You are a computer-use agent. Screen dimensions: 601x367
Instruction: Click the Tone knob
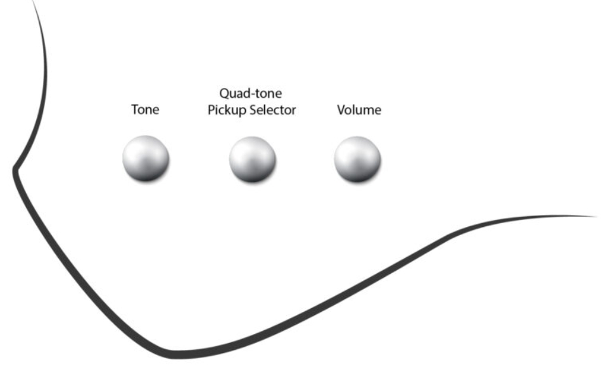[146, 158]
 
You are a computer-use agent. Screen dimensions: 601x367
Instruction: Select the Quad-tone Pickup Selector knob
[252, 159]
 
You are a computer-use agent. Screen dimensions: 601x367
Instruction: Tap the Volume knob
[357, 158]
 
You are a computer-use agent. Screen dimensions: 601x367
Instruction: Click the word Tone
[145, 110]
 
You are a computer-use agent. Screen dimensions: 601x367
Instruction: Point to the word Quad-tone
[251, 93]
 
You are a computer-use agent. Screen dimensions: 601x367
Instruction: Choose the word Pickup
[227, 110]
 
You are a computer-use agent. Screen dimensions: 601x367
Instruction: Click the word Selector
[272, 110]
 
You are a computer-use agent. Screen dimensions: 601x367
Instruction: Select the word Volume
[359, 110]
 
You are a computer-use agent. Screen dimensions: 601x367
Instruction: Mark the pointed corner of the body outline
[15, 169]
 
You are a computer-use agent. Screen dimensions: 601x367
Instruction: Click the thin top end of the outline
[32, 1]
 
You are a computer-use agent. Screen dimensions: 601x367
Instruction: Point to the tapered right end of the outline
[596, 216]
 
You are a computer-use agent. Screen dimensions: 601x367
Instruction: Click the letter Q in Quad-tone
[224, 94]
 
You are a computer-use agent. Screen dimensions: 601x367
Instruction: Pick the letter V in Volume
[341, 110]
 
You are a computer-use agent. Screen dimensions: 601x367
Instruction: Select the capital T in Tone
[136, 110]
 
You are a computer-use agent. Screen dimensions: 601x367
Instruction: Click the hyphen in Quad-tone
[255, 94]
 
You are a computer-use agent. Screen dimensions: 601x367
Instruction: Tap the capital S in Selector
[253, 110]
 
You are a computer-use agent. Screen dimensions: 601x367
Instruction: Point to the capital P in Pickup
[211, 110]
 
